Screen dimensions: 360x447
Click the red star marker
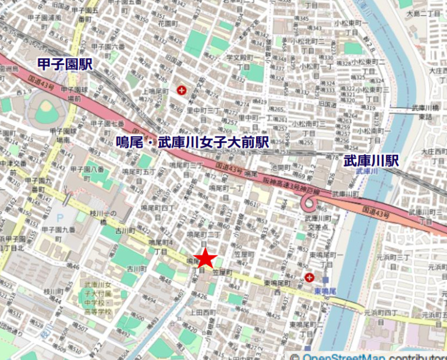[x=205, y=259]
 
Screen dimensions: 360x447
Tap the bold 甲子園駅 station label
[x=65, y=64]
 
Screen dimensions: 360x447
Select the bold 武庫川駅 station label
[x=371, y=161]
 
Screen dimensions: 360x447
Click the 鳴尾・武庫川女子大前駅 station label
[x=192, y=141]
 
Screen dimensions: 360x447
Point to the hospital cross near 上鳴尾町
[x=182, y=90]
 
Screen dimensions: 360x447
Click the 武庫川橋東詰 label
[x=424, y=112]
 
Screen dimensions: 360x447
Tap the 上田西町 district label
[x=201, y=312]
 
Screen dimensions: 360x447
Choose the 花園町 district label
[x=168, y=23]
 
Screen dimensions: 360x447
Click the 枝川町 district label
[x=53, y=291]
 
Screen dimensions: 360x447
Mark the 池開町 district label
[x=280, y=167]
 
